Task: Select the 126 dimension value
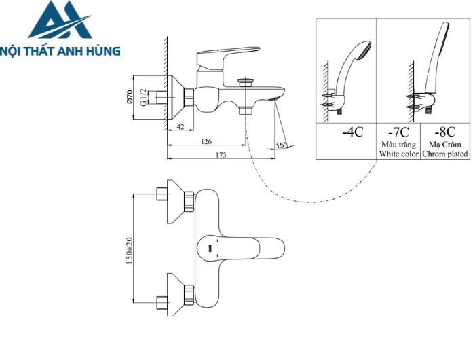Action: click(x=207, y=141)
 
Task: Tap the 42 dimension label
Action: click(x=180, y=127)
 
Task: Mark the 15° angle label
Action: click(x=280, y=145)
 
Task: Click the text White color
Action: click(x=398, y=154)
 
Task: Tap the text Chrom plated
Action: click(x=444, y=154)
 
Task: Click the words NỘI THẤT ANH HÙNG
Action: click(x=61, y=50)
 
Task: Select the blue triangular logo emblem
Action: click(x=60, y=20)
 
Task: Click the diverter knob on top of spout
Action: click(x=245, y=82)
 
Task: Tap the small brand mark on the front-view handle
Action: click(x=210, y=249)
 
